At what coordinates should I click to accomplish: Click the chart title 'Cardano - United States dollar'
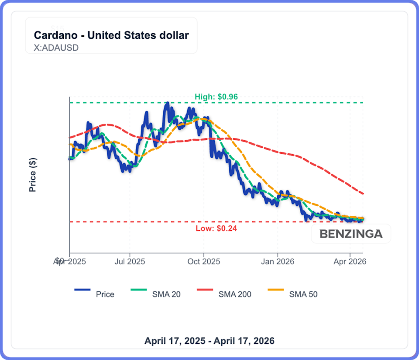coord(111,35)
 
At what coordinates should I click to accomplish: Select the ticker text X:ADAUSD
coord(56,48)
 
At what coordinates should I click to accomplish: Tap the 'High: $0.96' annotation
coord(216,97)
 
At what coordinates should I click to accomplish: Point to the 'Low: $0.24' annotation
coord(216,228)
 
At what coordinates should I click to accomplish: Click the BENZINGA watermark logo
coord(351,234)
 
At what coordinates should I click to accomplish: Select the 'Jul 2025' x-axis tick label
coord(130,262)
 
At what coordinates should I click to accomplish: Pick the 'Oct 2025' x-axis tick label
coord(203,262)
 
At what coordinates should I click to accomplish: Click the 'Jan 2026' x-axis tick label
coord(278,262)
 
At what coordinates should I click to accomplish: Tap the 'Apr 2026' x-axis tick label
coord(350,262)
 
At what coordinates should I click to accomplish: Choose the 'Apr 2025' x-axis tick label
coord(70,262)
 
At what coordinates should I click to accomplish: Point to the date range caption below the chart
coord(209,341)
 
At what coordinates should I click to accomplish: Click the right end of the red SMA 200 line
coord(363,194)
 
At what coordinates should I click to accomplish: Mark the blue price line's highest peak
coord(166,104)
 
